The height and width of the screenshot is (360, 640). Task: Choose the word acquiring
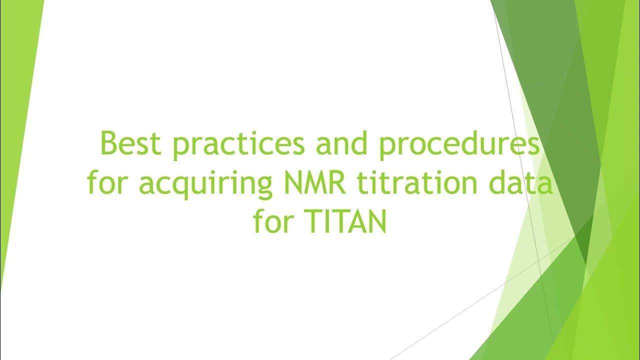[203, 184]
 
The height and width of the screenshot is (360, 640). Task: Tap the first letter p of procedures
[387, 147]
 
